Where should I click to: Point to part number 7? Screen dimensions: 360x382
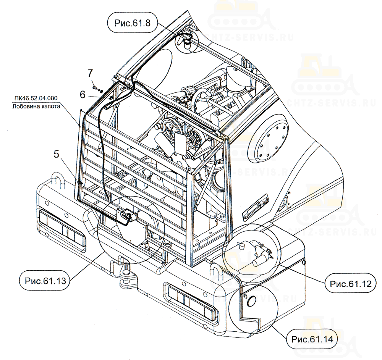pyautogui.click(x=90, y=72)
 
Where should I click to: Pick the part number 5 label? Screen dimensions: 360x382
pyautogui.click(x=56, y=155)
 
